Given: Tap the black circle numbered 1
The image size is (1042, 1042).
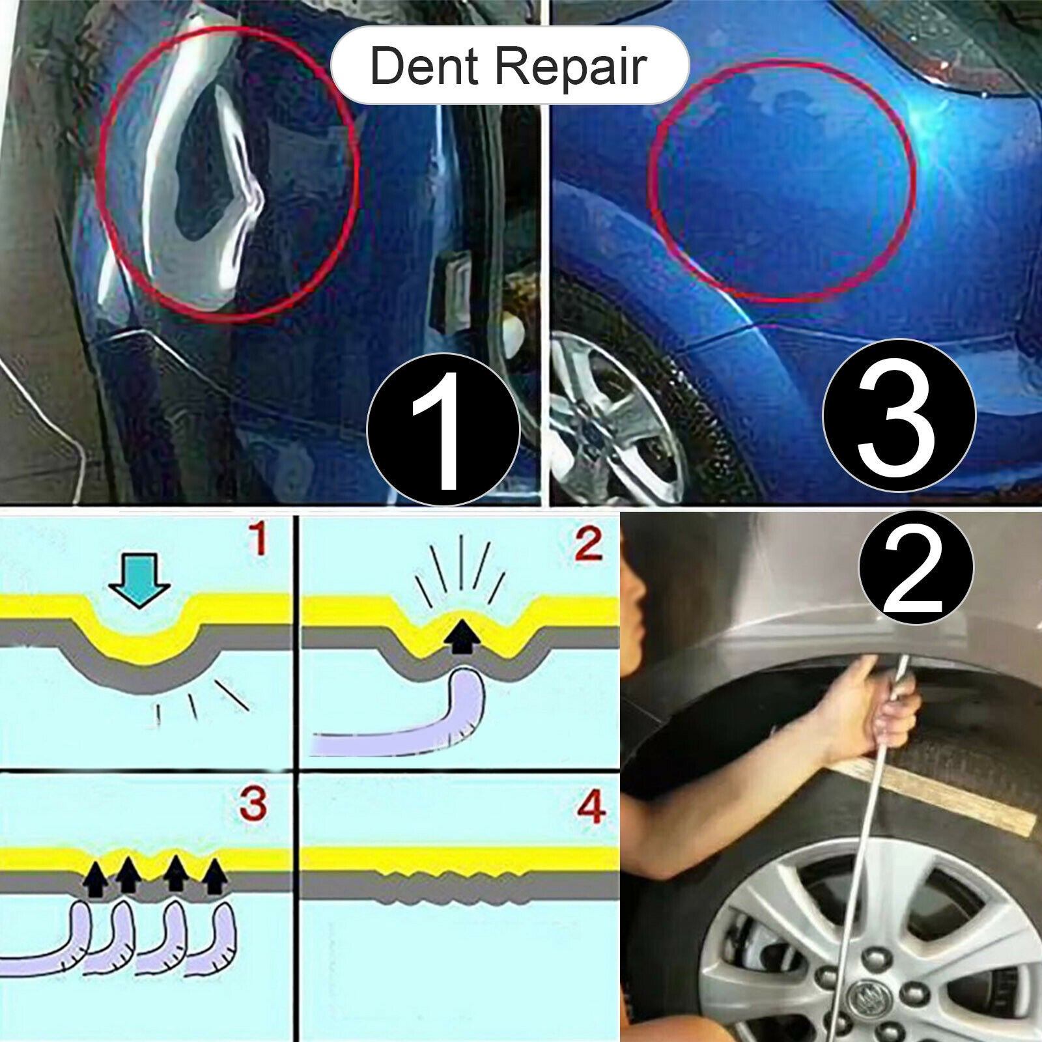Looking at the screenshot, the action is (x=444, y=430).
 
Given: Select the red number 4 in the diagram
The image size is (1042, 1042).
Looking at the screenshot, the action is (x=591, y=808).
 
